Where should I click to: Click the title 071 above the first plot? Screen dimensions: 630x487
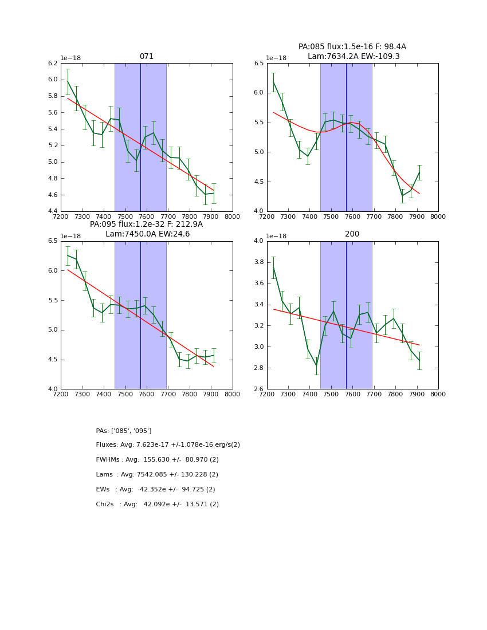[146, 57]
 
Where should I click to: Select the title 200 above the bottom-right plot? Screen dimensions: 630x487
[352, 234]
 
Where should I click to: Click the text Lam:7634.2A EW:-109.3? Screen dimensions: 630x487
[352, 57]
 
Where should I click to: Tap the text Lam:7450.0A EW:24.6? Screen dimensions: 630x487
[147, 234]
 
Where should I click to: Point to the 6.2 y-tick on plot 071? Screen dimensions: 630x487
[52, 63]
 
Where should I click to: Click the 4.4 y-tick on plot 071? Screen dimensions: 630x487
[52, 211]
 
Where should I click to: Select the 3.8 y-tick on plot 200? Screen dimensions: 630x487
[258, 262]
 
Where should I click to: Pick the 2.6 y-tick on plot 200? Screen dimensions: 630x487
[258, 389]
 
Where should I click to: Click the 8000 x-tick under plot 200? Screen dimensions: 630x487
[438, 395]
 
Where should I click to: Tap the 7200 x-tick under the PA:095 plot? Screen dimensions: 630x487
[61, 395]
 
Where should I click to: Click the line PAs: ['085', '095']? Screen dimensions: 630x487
[124, 431]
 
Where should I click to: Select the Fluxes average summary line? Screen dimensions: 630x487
[168, 445]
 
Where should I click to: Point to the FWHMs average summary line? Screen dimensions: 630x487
[157, 460]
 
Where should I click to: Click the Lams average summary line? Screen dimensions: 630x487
[157, 475]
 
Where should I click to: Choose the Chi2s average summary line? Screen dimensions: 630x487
[157, 505]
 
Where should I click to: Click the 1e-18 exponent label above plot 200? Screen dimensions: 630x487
[277, 236]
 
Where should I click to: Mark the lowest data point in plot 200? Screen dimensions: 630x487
[316, 365]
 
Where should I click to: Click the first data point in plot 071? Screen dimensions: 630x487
[68, 81]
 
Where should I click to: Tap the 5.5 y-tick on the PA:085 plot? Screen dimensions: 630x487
[258, 123]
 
